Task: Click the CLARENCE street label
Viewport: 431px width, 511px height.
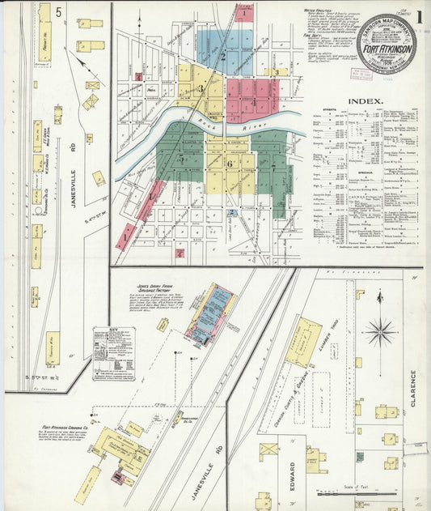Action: [x=412, y=390]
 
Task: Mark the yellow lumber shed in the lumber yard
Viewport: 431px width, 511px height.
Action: [x=303, y=341]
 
